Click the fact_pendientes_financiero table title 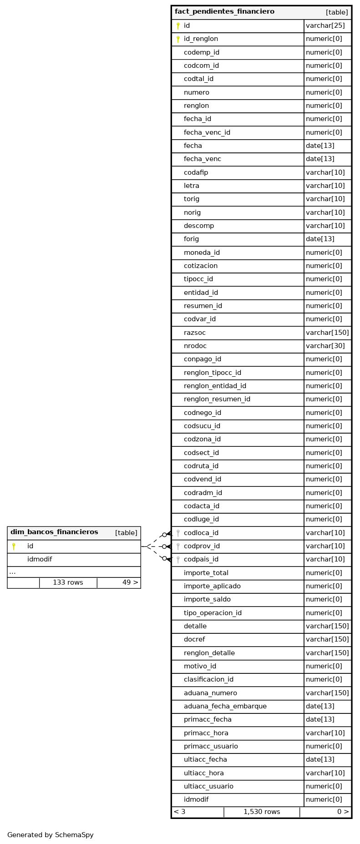click(224, 12)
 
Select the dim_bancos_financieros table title click(54, 532)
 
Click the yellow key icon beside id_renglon click(178, 39)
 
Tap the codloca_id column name click(201, 533)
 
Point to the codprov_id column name click(202, 546)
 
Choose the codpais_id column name click(201, 559)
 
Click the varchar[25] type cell click(325, 26)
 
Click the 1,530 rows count click(262, 812)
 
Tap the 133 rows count click(68, 582)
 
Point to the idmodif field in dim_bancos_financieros click(40, 559)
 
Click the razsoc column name click(194, 333)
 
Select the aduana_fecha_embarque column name click(225, 706)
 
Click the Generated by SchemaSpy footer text click(51, 835)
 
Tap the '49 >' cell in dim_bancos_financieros click(130, 582)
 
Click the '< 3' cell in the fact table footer click(179, 812)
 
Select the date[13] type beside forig click(320, 239)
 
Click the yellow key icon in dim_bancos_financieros click(14, 546)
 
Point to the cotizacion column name click(200, 266)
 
